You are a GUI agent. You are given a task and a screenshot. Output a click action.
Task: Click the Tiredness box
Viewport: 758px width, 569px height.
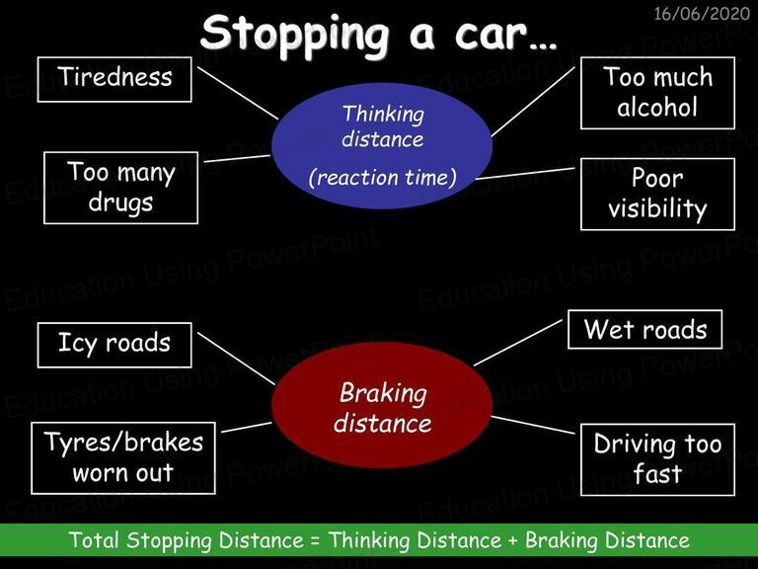pos(114,79)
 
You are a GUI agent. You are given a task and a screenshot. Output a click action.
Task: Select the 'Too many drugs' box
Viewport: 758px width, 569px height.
pos(120,188)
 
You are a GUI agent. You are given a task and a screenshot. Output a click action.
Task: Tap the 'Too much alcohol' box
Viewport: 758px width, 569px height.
pos(657,93)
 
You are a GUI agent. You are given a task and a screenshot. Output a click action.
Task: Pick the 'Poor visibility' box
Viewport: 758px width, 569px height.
pos(657,194)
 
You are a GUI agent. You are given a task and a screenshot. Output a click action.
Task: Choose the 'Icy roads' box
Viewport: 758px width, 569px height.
pos(114,345)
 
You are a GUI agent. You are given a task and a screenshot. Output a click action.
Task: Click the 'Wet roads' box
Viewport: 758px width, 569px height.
pos(644,330)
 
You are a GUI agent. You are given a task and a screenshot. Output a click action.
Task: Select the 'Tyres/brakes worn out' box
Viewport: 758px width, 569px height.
pos(123,458)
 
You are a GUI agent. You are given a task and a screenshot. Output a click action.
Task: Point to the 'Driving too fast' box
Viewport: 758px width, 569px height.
pos(657,459)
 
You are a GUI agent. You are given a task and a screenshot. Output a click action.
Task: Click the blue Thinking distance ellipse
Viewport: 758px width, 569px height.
pos(382,145)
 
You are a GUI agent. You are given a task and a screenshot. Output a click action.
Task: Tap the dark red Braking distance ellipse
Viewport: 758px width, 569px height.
pos(382,405)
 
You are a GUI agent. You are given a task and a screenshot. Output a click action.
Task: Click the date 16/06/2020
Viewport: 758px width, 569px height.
pos(702,13)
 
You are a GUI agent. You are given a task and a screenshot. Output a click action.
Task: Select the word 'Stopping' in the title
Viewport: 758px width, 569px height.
pos(295,35)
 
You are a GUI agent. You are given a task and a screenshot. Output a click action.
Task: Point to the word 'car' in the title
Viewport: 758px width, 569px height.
pos(491,35)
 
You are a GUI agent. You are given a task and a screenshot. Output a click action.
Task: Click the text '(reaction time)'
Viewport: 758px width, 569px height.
pos(382,178)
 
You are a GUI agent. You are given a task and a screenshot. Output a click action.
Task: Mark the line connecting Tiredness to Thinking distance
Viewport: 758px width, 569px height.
pos(238,93)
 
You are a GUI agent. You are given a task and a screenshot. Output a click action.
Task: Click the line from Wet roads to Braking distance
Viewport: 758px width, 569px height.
pos(518,343)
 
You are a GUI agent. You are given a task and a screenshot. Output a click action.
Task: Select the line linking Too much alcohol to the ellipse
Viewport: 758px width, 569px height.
pos(533,102)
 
